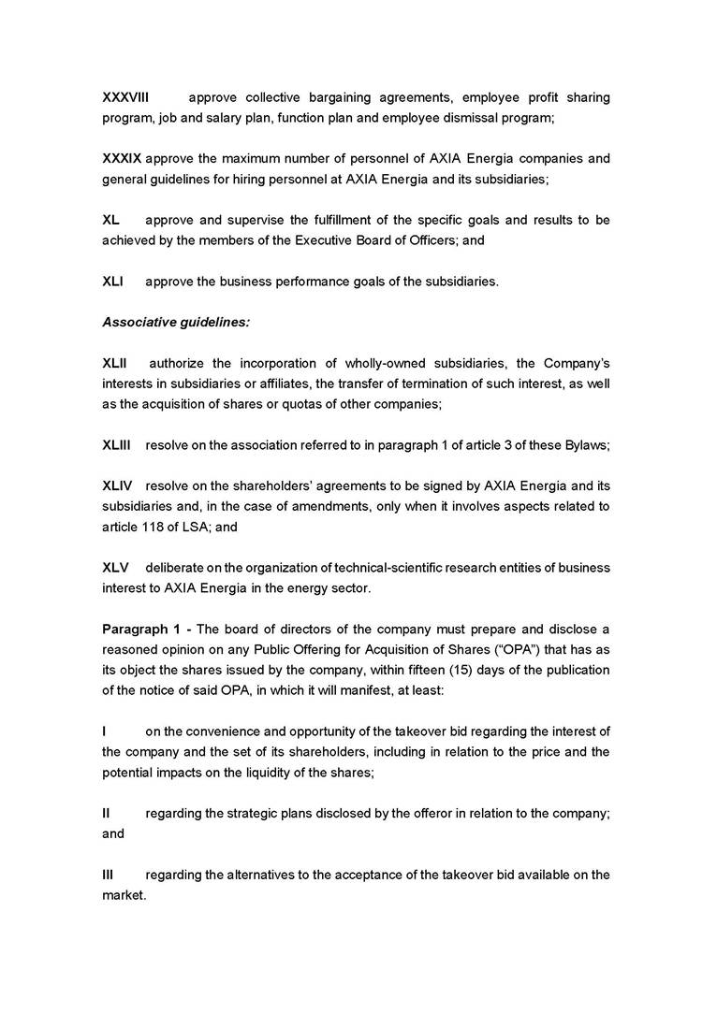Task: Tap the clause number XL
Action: click(x=110, y=220)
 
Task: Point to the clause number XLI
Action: click(x=112, y=281)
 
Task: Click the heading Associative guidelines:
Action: click(x=176, y=322)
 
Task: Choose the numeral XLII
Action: click(x=115, y=363)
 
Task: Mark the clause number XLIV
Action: click(x=117, y=485)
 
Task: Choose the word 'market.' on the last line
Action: click(x=124, y=895)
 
